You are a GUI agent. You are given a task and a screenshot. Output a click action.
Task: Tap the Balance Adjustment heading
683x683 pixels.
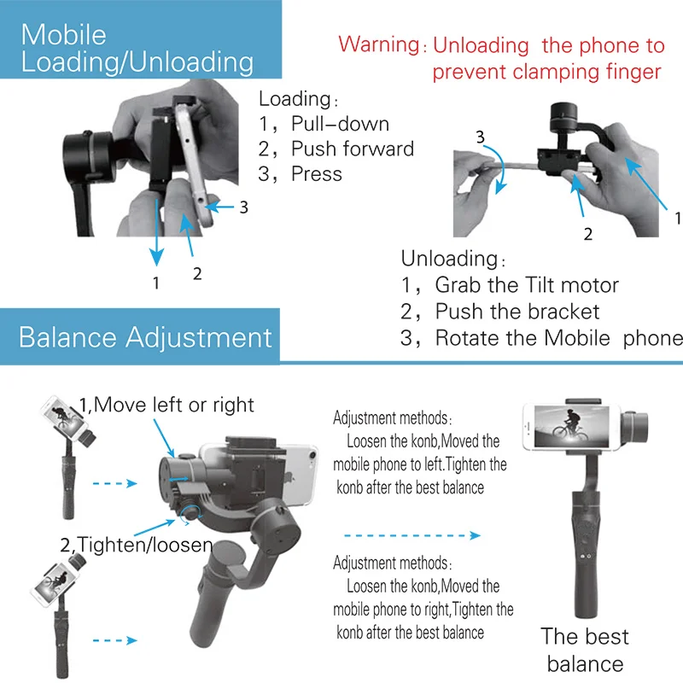tap(145, 336)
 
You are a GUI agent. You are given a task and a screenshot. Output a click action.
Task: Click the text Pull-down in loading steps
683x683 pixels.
tap(340, 125)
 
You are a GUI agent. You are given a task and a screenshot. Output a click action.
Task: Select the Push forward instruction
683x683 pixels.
tap(352, 149)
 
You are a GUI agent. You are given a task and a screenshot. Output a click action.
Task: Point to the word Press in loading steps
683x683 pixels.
tap(316, 174)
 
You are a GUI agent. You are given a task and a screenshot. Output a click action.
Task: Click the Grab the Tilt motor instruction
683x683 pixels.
tap(526, 285)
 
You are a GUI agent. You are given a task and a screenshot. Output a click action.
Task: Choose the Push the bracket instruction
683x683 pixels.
tap(517, 312)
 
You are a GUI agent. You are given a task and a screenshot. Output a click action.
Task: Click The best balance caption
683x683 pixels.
tap(585, 650)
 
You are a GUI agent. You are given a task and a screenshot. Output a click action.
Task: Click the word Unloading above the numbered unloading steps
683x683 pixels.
tap(449, 259)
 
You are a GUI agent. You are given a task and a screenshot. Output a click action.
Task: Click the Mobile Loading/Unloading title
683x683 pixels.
tap(137, 48)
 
